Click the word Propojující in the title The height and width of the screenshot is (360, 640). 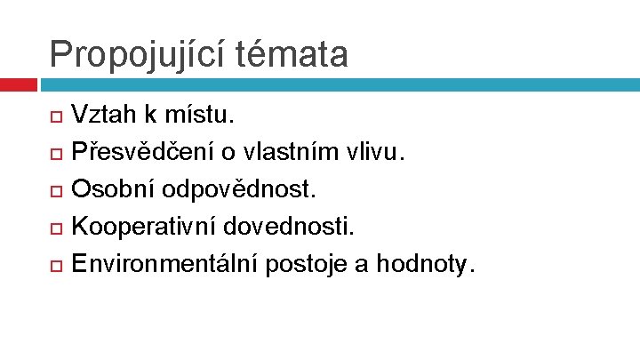coord(140,54)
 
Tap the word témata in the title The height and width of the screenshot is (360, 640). coord(293,54)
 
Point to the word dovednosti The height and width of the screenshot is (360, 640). coord(288,226)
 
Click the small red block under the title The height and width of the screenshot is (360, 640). coord(18,84)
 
